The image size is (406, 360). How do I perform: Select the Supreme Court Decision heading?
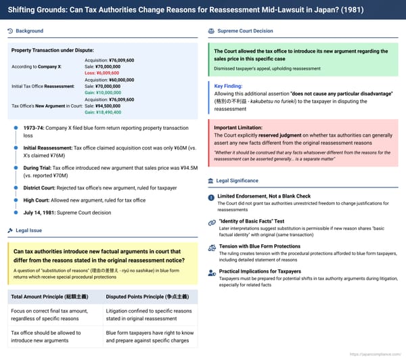[x=245, y=31]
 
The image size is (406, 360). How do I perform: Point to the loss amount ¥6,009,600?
[x=102, y=73]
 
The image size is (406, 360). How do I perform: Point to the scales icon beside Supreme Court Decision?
[x=212, y=31]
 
